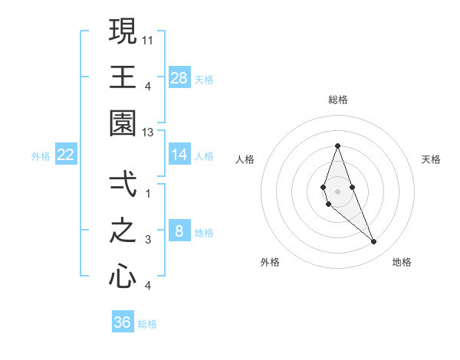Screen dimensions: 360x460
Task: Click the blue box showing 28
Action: tap(179, 77)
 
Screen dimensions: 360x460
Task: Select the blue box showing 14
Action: tap(179, 155)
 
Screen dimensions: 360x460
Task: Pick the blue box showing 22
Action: tap(66, 155)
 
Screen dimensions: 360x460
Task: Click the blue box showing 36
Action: tap(123, 322)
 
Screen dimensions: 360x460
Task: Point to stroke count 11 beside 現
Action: tap(149, 38)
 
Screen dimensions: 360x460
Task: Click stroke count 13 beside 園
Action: tap(149, 133)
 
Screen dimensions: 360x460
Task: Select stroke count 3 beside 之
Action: tap(149, 240)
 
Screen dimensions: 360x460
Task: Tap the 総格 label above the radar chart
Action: tap(337, 100)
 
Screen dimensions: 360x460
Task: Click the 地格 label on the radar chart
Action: tap(402, 262)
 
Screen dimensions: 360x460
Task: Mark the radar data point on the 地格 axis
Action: tap(374, 242)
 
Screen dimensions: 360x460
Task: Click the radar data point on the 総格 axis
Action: tap(337, 146)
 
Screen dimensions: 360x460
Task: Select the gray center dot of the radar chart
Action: tap(337, 191)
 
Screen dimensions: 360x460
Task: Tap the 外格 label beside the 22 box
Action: tap(41, 155)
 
